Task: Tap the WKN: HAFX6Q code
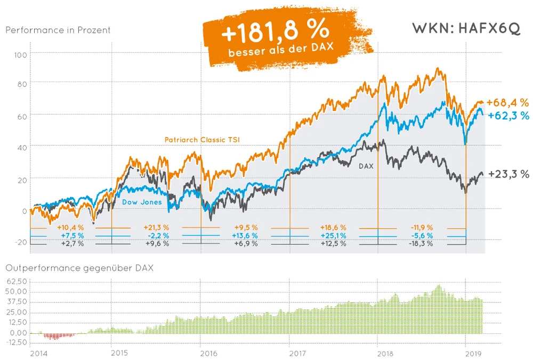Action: point(466,29)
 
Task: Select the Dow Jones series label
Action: point(142,202)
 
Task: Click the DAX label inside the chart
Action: point(366,166)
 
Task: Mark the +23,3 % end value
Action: point(508,174)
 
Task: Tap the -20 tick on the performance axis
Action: point(20,242)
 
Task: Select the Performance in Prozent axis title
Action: point(58,30)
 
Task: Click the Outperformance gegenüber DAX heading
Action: point(79,268)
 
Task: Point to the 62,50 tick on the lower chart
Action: point(16,281)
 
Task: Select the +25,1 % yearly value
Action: point(333,235)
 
